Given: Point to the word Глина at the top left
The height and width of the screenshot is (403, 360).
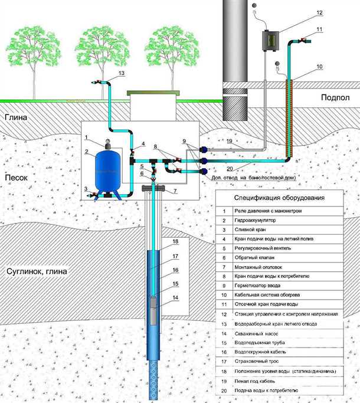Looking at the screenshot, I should (16, 117).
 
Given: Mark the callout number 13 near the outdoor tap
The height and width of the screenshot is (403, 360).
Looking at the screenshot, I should (122, 73).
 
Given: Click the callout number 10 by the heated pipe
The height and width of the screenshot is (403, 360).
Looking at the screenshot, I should (319, 67).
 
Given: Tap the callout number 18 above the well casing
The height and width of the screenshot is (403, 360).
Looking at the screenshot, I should (175, 242).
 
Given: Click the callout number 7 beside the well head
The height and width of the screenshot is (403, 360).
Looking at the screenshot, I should (175, 191).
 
